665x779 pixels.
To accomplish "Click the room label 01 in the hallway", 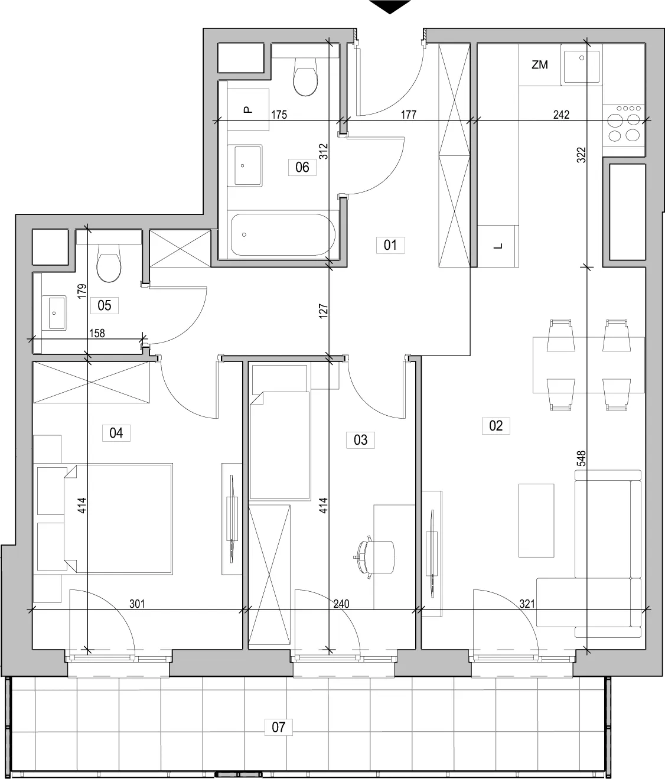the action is coord(390,245).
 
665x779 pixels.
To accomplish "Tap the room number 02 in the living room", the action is coord(496,425).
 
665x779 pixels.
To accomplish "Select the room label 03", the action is coord(361,440).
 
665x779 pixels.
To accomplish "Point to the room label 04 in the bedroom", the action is coord(116,433).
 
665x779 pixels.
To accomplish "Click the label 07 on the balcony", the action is coord(278,727).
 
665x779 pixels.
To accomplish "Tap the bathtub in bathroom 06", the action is coord(282,235).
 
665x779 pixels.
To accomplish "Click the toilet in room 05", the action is coord(109,263).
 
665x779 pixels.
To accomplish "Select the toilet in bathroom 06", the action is coord(305,77).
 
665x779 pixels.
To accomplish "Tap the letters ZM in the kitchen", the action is coord(540,65).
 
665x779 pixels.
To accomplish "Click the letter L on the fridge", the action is coord(498,246).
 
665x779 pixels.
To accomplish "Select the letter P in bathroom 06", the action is coord(247,110).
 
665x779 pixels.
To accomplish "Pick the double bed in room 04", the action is coord(118,519).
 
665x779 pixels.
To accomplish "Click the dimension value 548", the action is coord(581,458).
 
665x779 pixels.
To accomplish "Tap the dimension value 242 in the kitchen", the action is coord(561,115).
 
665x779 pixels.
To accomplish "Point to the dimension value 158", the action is coord(97,333).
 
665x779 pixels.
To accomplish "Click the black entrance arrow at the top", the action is coord(390,6).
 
